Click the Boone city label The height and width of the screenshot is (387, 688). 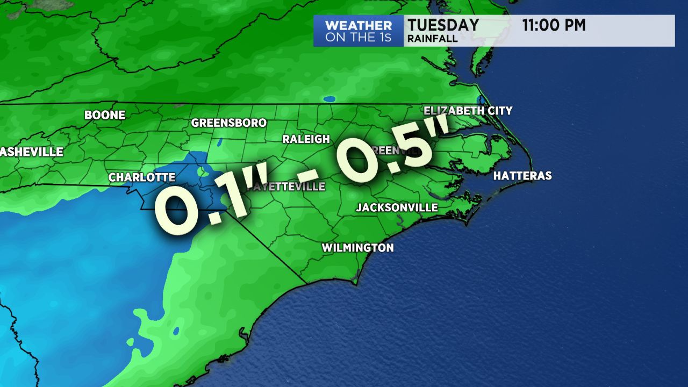[x=105, y=115]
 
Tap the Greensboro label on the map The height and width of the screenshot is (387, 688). [x=229, y=123]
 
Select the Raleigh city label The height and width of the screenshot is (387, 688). [x=306, y=139]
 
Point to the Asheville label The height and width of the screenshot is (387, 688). [x=32, y=152]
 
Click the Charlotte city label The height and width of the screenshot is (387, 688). [x=142, y=177]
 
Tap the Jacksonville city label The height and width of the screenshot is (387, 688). [x=397, y=207]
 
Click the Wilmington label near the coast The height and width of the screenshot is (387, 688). [x=357, y=248]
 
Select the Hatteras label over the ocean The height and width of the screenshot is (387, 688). [x=522, y=176]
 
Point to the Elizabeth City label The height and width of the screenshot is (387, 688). [x=468, y=111]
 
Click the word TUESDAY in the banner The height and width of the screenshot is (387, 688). [x=443, y=25]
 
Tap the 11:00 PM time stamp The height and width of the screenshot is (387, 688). [x=554, y=25]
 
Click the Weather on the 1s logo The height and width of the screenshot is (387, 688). [x=359, y=31]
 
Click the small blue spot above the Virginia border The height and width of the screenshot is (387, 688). [x=329, y=99]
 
